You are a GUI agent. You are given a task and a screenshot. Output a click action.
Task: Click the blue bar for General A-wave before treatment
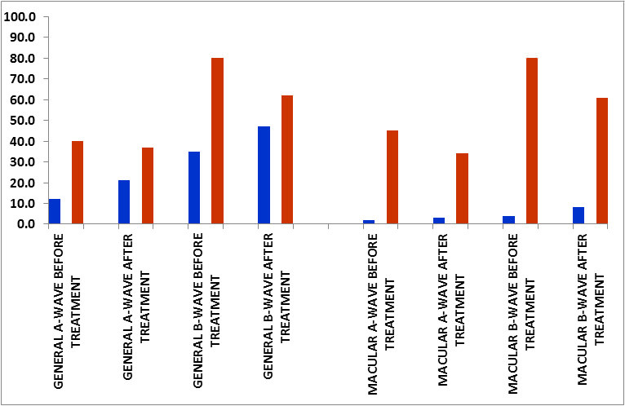point(55,211)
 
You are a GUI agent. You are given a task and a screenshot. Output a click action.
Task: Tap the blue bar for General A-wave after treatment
point(124,202)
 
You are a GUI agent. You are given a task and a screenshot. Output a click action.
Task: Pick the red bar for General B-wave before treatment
point(217,141)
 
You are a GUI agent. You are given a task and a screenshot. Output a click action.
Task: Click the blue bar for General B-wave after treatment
point(264,175)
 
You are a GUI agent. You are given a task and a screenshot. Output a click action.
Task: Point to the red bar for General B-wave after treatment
point(287,160)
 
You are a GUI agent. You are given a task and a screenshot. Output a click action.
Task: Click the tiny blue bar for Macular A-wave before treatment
point(369,222)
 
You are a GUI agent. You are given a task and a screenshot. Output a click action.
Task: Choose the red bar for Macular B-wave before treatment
point(532,141)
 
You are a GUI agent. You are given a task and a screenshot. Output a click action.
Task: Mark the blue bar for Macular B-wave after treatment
point(578,215)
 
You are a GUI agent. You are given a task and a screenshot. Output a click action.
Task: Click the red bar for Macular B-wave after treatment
point(601,161)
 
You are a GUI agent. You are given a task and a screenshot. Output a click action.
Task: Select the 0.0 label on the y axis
point(24,224)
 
